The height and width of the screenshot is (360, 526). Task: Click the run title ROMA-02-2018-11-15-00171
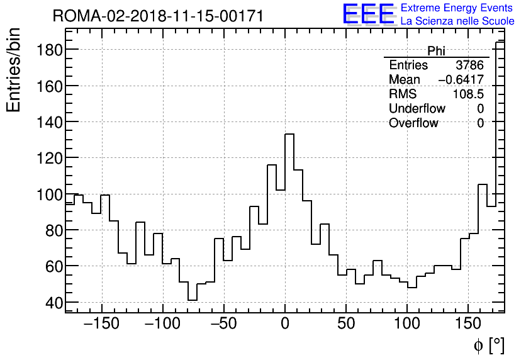(158, 16)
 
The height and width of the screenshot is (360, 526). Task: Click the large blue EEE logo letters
(368, 14)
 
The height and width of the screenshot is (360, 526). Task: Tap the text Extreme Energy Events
(457, 8)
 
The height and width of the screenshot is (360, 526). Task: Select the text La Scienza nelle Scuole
(457, 21)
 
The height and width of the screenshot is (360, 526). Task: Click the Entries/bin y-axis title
(13, 70)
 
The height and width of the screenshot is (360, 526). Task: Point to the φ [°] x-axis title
(488, 345)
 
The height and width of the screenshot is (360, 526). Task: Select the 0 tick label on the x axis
(285, 324)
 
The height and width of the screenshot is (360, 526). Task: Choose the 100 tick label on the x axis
(408, 324)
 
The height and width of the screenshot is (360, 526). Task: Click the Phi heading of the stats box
(436, 51)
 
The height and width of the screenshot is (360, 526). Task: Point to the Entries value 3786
(469, 65)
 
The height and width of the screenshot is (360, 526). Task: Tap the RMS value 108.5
(468, 94)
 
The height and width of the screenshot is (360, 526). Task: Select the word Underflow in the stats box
(417, 109)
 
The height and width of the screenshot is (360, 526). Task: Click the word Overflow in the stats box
(413, 123)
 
